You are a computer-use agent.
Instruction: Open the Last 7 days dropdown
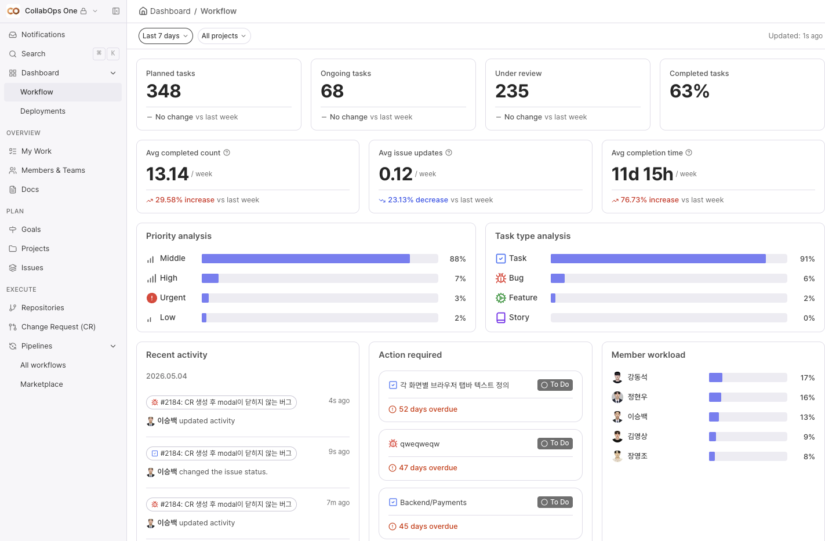(x=165, y=36)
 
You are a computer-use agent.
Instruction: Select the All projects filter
(x=224, y=36)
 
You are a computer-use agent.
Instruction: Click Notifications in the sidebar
(x=43, y=35)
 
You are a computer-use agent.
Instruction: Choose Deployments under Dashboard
(x=43, y=111)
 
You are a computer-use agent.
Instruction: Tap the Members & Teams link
(x=53, y=170)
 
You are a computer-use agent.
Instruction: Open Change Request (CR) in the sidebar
(x=58, y=326)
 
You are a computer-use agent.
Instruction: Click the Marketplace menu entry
(x=42, y=384)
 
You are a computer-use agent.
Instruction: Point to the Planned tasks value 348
(x=163, y=91)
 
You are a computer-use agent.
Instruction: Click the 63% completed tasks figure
(x=689, y=91)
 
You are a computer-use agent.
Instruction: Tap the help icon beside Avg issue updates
(x=449, y=153)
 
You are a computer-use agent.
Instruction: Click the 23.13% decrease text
(x=418, y=199)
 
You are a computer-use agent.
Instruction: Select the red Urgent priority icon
(x=151, y=297)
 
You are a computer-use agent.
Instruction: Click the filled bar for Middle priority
(x=306, y=259)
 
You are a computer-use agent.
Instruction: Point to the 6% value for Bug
(x=809, y=278)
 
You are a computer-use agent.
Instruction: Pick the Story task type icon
(x=500, y=317)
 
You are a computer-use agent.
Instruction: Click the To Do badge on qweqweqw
(x=555, y=443)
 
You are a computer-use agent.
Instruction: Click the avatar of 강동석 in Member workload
(x=617, y=377)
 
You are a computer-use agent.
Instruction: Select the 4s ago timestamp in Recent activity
(x=339, y=401)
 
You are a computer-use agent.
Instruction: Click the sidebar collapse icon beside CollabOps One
(x=115, y=11)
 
